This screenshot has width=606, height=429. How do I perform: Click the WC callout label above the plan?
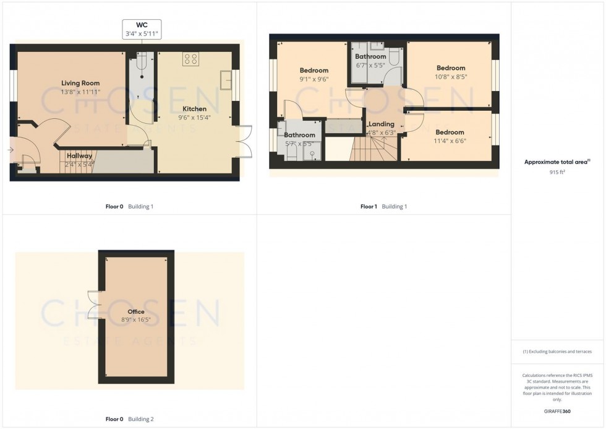tap(142, 29)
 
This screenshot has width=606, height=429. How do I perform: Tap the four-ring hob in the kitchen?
tap(190, 59)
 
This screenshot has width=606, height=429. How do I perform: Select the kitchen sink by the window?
tap(226, 80)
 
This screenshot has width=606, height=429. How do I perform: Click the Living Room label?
tap(80, 83)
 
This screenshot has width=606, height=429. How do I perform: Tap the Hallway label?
tap(80, 155)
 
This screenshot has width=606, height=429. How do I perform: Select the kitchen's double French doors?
tap(244, 141)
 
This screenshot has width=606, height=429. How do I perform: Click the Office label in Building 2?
tap(136, 312)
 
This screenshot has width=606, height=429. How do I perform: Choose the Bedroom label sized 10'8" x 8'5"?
tap(451, 68)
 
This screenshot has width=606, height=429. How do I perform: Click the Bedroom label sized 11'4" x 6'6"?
tap(450, 132)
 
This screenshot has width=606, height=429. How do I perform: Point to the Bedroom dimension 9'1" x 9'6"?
tap(314, 79)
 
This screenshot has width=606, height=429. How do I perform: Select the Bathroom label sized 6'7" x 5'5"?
tap(370, 57)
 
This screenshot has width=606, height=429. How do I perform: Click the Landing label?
tap(381, 124)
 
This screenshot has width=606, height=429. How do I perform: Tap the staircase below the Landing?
tap(369, 149)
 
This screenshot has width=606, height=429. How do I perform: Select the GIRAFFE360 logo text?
tap(558, 411)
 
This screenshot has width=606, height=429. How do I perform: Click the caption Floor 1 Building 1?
tap(383, 207)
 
